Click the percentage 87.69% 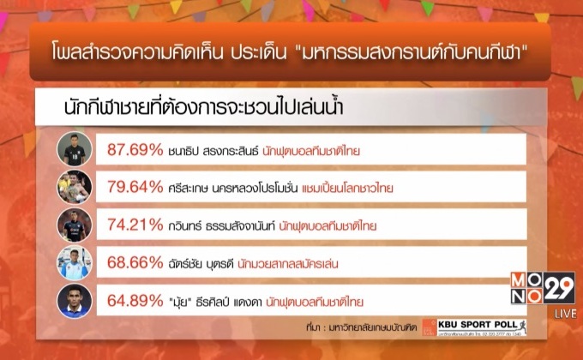coord(135,151)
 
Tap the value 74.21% coord(135,226)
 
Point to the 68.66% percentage coord(135,264)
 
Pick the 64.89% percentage coord(135,301)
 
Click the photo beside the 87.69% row coord(75,151)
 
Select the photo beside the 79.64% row coord(75,188)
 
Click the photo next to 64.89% coord(75,301)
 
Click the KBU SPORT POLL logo coord(480,327)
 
